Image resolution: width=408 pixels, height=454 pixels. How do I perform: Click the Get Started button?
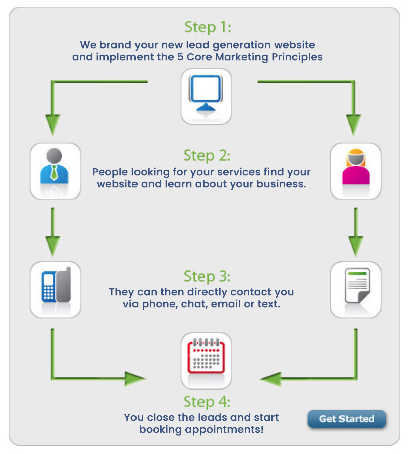click(x=347, y=419)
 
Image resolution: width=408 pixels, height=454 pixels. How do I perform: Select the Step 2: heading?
click(x=207, y=155)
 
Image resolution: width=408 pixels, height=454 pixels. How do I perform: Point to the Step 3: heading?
click(x=207, y=276)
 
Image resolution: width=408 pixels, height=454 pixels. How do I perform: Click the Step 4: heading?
click(x=207, y=402)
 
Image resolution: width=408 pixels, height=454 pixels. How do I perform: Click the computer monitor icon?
click(x=207, y=96)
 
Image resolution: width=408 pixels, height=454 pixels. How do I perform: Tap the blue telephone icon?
click(x=55, y=290)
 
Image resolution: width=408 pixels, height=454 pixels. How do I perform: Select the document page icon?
click(x=356, y=290)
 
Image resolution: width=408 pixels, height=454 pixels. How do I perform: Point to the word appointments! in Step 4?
click(x=231, y=430)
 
